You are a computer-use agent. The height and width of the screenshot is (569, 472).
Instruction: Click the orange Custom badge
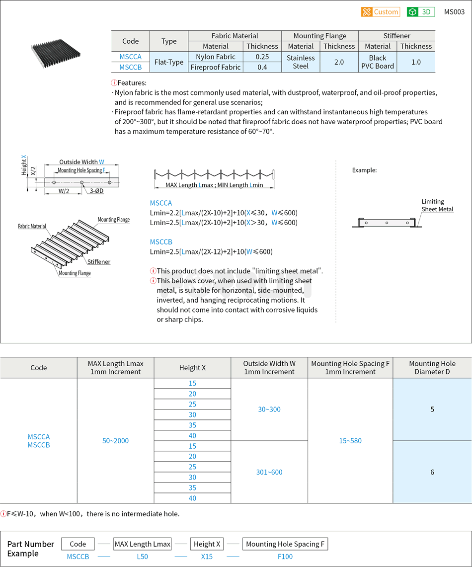[381, 12]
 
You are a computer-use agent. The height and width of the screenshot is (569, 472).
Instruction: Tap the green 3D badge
[420, 12]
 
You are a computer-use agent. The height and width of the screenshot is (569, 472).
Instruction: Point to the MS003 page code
[454, 12]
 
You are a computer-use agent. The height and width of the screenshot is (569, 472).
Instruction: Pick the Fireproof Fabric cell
[216, 67]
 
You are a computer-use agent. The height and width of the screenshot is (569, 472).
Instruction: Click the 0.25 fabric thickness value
[262, 57]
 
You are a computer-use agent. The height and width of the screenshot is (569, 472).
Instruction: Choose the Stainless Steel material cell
[301, 62]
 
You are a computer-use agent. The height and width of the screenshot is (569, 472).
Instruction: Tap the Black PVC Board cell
[378, 62]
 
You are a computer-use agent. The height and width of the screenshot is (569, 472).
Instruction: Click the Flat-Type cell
[169, 62]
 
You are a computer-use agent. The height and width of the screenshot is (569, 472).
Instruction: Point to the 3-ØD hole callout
[96, 191]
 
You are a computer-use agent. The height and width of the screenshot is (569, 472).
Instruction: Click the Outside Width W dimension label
[81, 162]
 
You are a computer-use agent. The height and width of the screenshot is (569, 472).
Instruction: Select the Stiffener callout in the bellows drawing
[99, 262]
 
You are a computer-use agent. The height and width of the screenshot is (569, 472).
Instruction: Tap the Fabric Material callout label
[32, 226]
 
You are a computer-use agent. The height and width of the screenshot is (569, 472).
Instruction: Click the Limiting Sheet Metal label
[437, 205]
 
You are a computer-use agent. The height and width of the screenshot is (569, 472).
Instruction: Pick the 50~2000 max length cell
[115, 441]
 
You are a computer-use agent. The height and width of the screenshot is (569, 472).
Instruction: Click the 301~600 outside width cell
[269, 472]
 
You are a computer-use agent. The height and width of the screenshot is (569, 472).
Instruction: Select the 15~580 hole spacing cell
[350, 441]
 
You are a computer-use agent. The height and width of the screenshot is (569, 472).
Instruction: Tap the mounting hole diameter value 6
[432, 472]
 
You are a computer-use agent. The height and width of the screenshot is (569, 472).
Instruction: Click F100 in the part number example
[285, 557]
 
